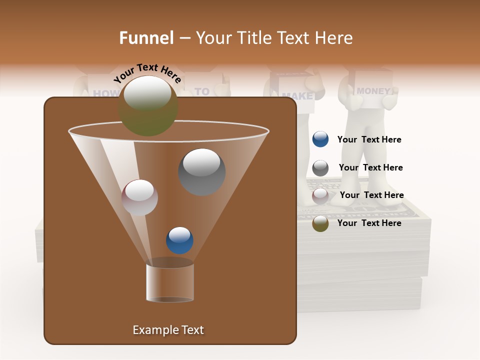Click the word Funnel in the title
click(x=146, y=38)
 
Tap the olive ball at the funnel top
click(x=148, y=106)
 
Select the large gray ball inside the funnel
click(x=202, y=172)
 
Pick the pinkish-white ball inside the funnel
click(x=139, y=197)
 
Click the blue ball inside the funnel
click(x=179, y=240)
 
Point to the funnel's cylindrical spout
click(x=169, y=282)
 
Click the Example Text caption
click(x=168, y=330)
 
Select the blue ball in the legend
click(x=320, y=139)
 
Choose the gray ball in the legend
click(x=320, y=168)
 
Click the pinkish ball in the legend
click(x=320, y=196)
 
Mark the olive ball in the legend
click(x=320, y=223)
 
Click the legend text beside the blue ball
click(x=369, y=140)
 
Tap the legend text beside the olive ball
click(x=369, y=223)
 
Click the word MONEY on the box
click(x=373, y=91)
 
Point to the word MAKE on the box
click(x=297, y=96)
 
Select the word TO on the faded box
click(x=202, y=91)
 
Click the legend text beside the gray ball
click(x=370, y=167)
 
